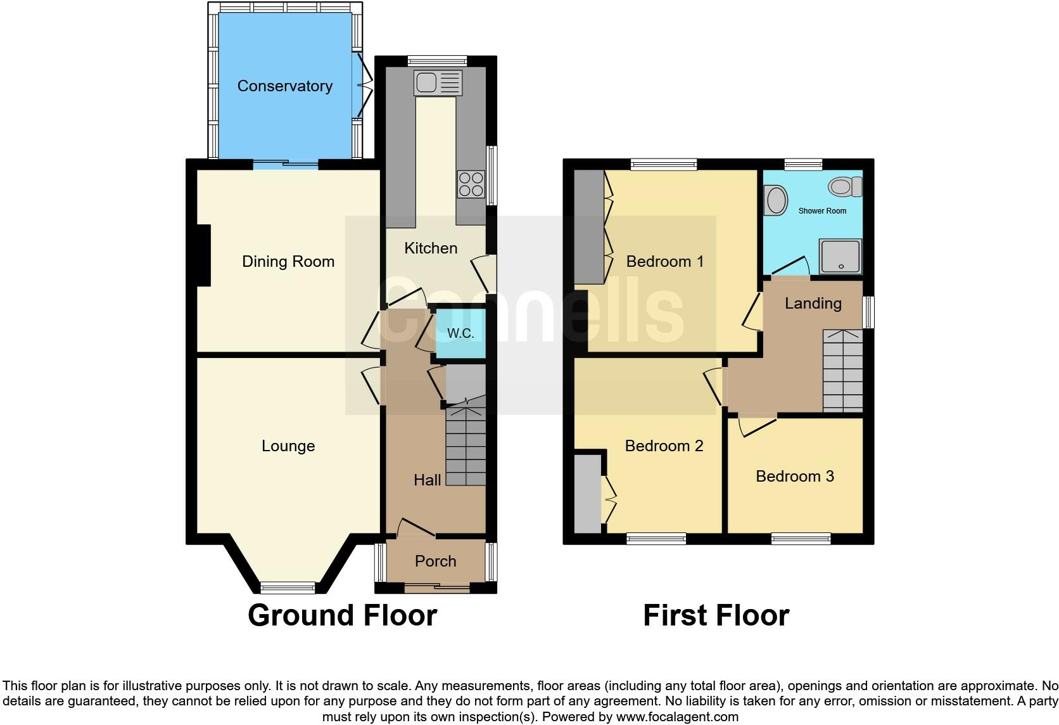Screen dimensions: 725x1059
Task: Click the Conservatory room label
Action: point(284,86)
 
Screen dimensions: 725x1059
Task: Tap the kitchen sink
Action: point(438,82)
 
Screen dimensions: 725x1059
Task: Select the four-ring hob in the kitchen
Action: point(471,184)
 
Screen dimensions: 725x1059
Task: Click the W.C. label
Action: point(460,333)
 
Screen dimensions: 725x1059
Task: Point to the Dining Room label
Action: point(288,262)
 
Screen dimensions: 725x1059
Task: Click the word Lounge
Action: point(288,446)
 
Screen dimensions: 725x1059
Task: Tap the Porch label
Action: point(435,561)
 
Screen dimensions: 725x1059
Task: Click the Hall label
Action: point(427,480)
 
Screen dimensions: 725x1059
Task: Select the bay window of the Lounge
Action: point(288,587)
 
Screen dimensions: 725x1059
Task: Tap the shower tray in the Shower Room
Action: point(840,256)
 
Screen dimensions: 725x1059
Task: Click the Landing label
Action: point(813,304)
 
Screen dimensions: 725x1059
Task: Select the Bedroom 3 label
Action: point(794,477)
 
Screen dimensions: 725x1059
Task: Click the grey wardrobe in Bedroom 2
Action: point(587,494)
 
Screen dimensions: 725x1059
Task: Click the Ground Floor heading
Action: point(342,615)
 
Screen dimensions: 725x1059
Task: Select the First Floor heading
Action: point(716,615)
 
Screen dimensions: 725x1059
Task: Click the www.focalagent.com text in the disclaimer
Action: point(677,717)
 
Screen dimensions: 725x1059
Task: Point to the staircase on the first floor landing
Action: point(842,371)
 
